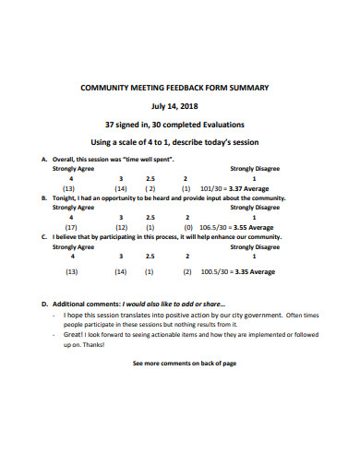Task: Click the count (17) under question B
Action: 71,226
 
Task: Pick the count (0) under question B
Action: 188,226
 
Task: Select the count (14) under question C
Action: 121,272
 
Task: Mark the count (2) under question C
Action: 186,272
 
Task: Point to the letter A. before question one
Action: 44,159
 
